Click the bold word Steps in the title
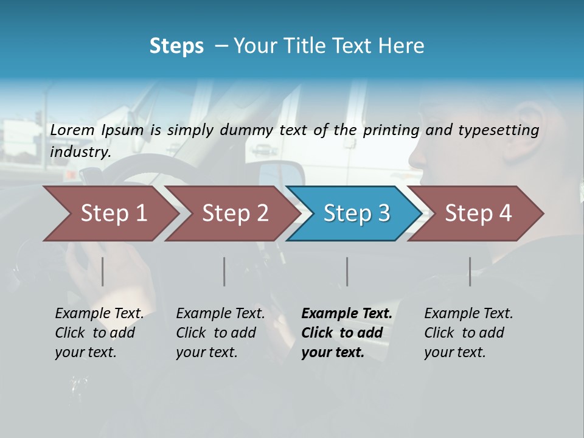176,46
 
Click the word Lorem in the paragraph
72,130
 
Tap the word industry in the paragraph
80,152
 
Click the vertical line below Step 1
103,271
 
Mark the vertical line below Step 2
224,271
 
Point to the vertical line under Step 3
347,271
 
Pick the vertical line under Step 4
470,271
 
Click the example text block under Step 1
99,333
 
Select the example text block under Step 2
220,333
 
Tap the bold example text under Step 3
347,333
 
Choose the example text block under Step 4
468,333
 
